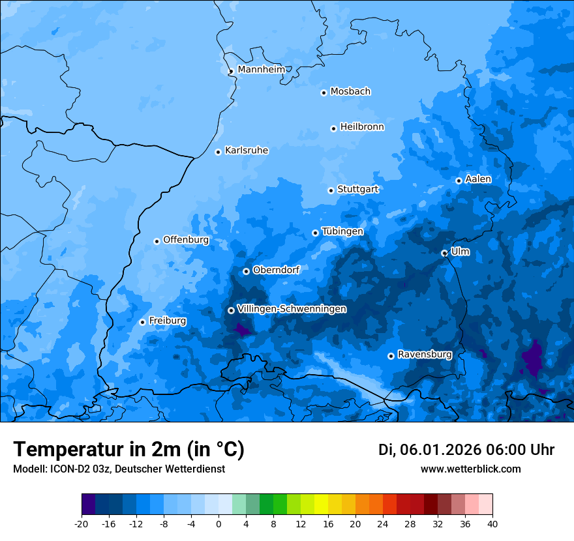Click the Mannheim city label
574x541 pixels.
(261, 70)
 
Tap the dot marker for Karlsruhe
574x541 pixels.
(219, 152)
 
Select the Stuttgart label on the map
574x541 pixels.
(357, 190)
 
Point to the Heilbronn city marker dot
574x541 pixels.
(333, 128)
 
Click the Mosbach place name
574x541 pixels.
(350, 92)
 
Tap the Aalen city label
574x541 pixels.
(478, 179)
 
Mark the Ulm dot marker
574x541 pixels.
(444, 253)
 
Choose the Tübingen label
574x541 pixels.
(342, 232)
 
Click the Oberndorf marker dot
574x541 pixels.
(246, 271)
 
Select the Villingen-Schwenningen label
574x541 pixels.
(292, 309)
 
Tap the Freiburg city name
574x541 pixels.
(167, 321)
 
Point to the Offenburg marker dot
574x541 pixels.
(157, 241)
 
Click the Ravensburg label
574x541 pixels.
(425, 355)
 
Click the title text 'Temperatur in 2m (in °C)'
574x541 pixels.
(128, 449)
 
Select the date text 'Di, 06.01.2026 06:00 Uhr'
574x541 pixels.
(466, 450)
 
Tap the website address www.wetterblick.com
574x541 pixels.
(470, 469)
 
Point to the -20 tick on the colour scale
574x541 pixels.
(82, 524)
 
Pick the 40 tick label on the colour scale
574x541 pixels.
(492, 524)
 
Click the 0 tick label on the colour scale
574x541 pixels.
(219, 524)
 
